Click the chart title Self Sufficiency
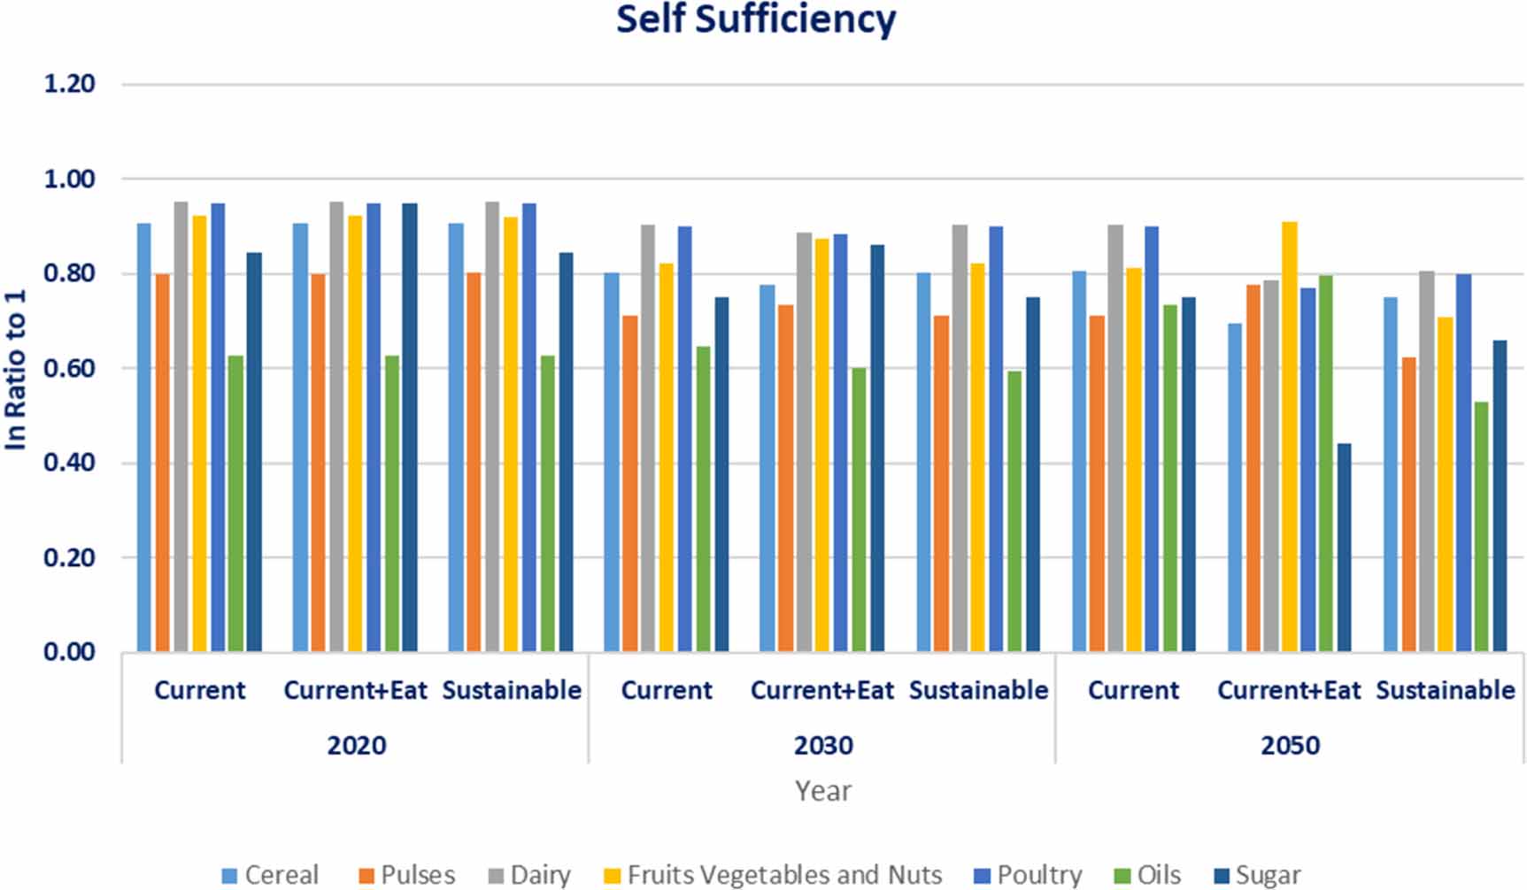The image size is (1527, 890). point(756,20)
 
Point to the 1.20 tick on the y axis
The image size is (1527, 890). point(69,84)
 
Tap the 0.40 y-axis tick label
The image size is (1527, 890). point(69,463)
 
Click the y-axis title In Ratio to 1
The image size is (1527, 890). point(17,369)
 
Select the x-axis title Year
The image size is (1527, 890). point(823,790)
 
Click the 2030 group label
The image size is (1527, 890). point(823,745)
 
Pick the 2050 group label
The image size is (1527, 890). point(1290,745)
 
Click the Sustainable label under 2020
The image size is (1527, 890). point(512,690)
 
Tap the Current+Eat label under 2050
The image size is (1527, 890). point(1289,690)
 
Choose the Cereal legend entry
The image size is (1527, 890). point(271,875)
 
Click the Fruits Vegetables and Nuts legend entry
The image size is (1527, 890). point(773,875)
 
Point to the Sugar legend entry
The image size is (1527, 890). point(1257,875)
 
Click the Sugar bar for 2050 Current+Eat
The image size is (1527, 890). point(1344,548)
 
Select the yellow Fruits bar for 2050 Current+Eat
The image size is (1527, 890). point(1290,437)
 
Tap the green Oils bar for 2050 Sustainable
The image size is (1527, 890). point(1481,527)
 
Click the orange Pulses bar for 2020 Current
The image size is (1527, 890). point(163,463)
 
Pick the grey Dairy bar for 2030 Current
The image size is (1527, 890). point(648,439)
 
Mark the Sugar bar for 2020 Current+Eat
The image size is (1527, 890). point(409,428)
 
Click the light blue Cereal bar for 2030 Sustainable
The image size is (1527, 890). point(923,463)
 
